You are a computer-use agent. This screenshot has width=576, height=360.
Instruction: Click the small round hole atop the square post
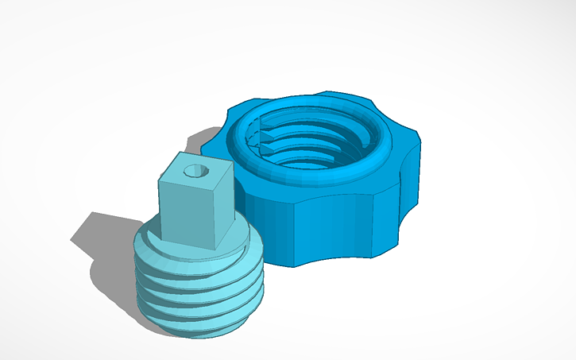(193, 171)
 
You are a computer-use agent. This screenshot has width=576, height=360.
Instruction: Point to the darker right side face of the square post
(224, 217)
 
